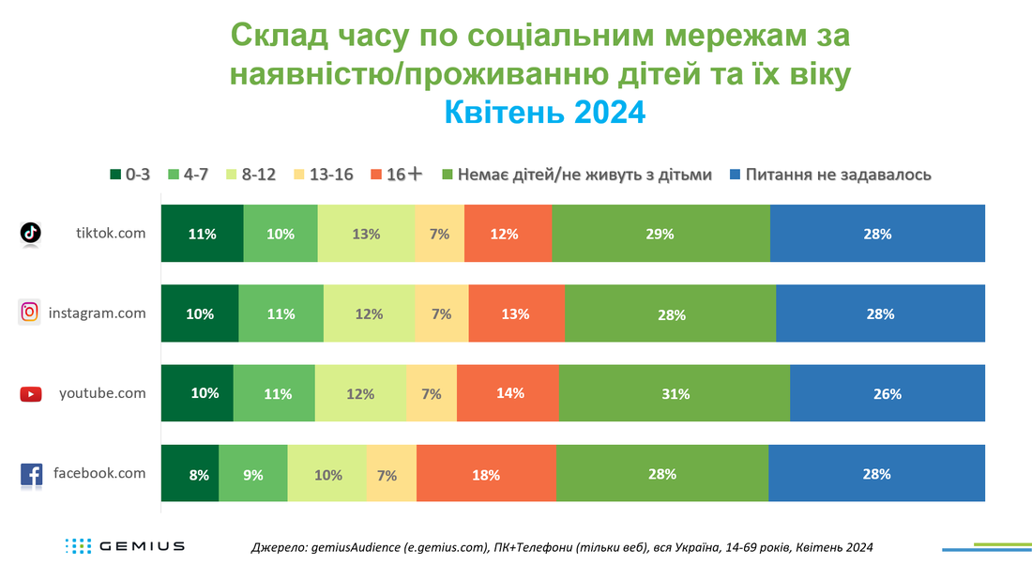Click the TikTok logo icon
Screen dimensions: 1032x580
coord(30,233)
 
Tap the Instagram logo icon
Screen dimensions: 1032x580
coord(30,312)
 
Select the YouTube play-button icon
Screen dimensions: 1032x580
coord(31,393)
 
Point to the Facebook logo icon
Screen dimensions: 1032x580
coord(31,475)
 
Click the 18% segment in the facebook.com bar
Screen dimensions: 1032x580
coord(486,473)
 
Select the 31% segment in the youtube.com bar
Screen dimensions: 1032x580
coord(675,393)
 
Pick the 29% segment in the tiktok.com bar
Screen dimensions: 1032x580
coord(660,233)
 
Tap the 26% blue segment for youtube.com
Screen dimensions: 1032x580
coord(888,393)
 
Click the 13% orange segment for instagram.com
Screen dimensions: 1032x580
coord(517,313)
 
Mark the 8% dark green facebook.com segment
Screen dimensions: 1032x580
coord(190,473)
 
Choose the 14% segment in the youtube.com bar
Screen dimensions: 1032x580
coord(508,393)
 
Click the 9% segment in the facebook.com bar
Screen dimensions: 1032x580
coord(253,473)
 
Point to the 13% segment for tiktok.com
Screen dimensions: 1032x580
coord(366,233)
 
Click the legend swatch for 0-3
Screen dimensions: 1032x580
coord(115,175)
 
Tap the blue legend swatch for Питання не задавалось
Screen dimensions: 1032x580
coord(736,175)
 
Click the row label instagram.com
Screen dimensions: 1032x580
coord(98,313)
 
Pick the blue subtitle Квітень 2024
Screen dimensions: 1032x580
coord(545,112)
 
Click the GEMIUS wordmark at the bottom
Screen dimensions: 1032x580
coord(143,546)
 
